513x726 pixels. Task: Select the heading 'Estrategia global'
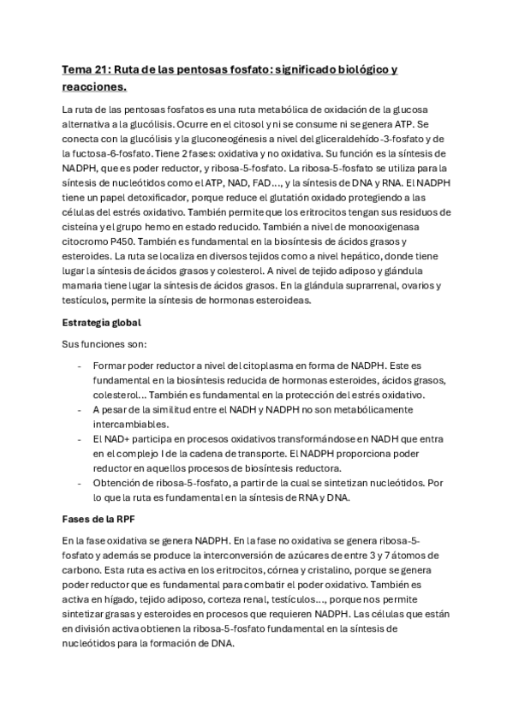[x=102, y=323]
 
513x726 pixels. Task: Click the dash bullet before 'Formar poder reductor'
[x=79, y=366]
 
